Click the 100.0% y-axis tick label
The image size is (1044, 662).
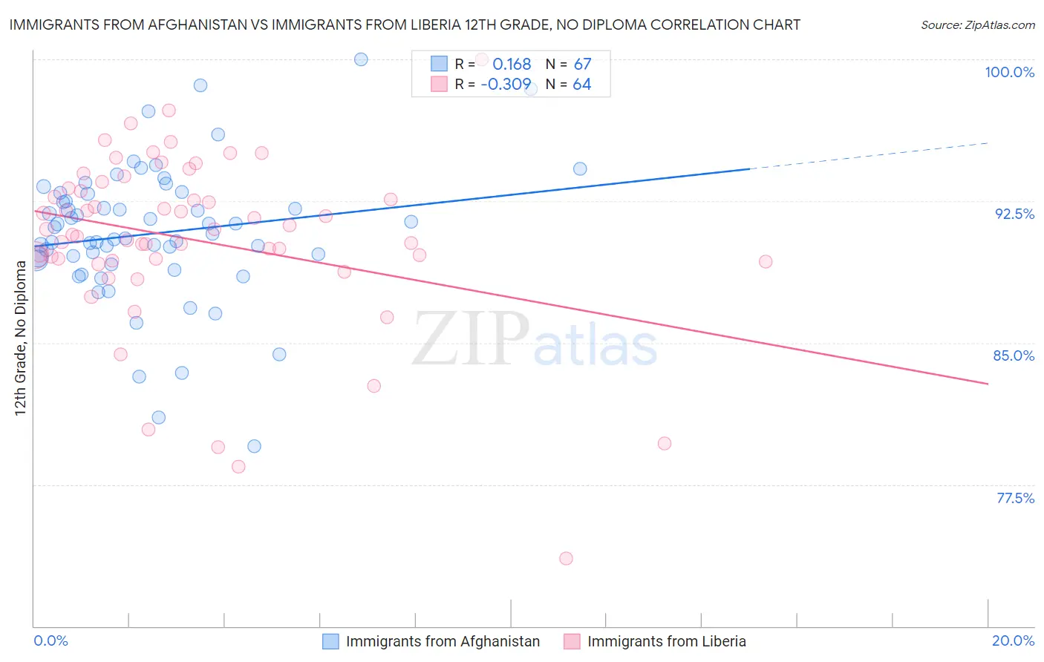click(x=1009, y=72)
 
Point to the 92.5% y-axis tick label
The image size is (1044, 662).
click(x=1014, y=214)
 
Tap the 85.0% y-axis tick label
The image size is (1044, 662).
click(x=1014, y=355)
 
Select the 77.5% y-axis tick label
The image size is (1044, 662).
click(x=1015, y=498)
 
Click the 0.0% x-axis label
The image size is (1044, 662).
click(x=50, y=640)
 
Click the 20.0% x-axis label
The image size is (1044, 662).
click(x=1013, y=640)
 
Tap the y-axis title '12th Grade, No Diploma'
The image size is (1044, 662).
click(x=20, y=338)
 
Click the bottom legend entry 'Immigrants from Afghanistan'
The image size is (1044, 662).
click(x=443, y=641)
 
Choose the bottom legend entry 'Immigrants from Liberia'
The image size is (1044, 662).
click(x=666, y=641)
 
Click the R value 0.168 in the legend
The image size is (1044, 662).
click(x=512, y=65)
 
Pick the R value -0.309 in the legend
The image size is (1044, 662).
click(x=506, y=85)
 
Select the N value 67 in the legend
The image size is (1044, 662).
click(x=582, y=65)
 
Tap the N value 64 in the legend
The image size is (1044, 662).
click(x=582, y=85)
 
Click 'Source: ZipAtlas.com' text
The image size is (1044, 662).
click(x=977, y=24)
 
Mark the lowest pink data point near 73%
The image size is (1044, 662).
click(x=566, y=558)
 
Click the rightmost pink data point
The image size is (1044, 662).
click(x=765, y=261)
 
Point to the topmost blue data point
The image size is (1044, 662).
click(x=361, y=59)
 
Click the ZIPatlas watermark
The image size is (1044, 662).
click(x=535, y=339)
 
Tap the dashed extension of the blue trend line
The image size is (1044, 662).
click(x=869, y=156)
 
